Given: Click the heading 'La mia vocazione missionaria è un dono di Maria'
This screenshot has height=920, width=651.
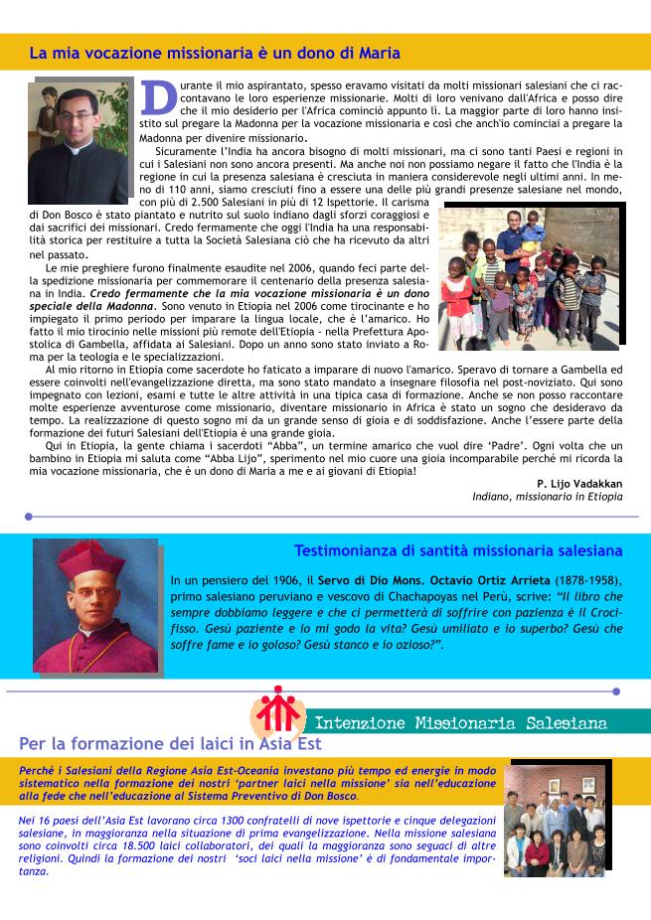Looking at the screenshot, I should coord(215,53).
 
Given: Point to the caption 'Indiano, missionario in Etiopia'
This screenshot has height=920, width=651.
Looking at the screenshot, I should coord(548,497).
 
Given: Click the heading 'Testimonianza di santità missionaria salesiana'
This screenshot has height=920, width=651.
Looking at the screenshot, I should coord(458,550).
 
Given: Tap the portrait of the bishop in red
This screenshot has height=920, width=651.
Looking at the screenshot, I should coord(95,606).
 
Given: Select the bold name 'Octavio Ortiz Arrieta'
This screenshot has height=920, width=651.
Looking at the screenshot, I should coord(482,580).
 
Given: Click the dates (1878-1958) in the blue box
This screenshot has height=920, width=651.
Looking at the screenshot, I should coord(589,580).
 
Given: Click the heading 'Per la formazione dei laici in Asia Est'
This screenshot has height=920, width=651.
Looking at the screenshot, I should coord(170,744).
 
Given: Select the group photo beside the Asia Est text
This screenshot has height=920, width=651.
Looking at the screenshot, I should coord(558,820).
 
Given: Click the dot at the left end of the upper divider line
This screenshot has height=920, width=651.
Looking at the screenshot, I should coord(29,517).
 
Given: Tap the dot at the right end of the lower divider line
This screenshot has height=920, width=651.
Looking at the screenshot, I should coord(616,690).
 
